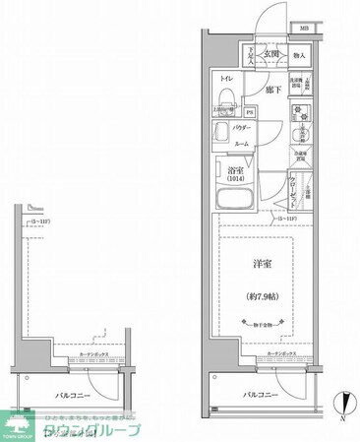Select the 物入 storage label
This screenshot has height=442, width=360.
click(x=300, y=55)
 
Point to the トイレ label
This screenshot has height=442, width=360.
click(x=226, y=78)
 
